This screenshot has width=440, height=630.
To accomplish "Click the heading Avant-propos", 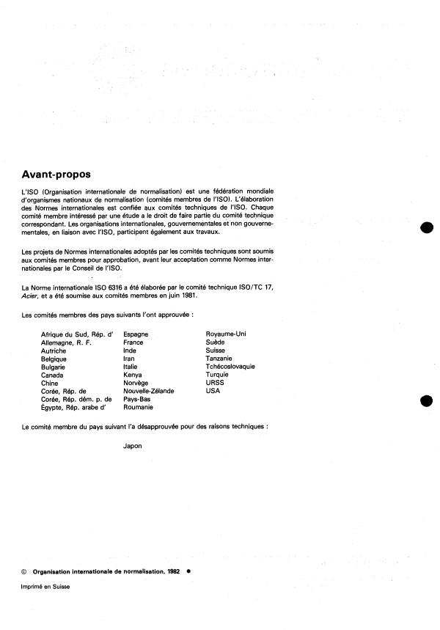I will [x=56, y=175].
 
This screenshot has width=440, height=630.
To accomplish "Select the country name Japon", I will [x=133, y=445].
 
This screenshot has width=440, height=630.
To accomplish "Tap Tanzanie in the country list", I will [x=219, y=359].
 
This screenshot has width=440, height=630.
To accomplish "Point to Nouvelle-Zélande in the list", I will [x=149, y=391].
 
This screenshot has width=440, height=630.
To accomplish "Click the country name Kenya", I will [x=133, y=375].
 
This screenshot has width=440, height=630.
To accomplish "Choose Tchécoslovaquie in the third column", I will [x=230, y=367].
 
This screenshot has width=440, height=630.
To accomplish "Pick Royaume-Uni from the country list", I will [x=226, y=334].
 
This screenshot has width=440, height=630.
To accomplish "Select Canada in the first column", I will [x=53, y=375].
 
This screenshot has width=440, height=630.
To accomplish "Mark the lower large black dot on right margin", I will [x=427, y=401].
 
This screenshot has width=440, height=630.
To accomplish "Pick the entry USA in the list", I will [x=213, y=391].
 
